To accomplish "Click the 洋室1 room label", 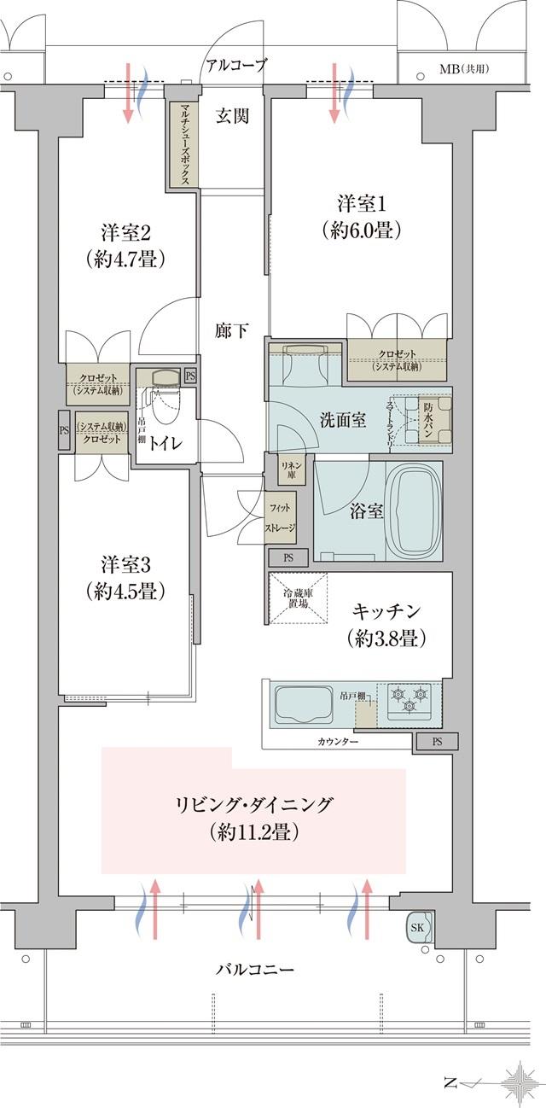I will click(x=362, y=217).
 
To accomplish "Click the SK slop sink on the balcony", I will click(x=419, y=927).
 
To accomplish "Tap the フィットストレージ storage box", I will click(x=281, y=519).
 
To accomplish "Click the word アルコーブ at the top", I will click(x=235, y=64).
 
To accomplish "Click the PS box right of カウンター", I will click(x=437, y=741).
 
